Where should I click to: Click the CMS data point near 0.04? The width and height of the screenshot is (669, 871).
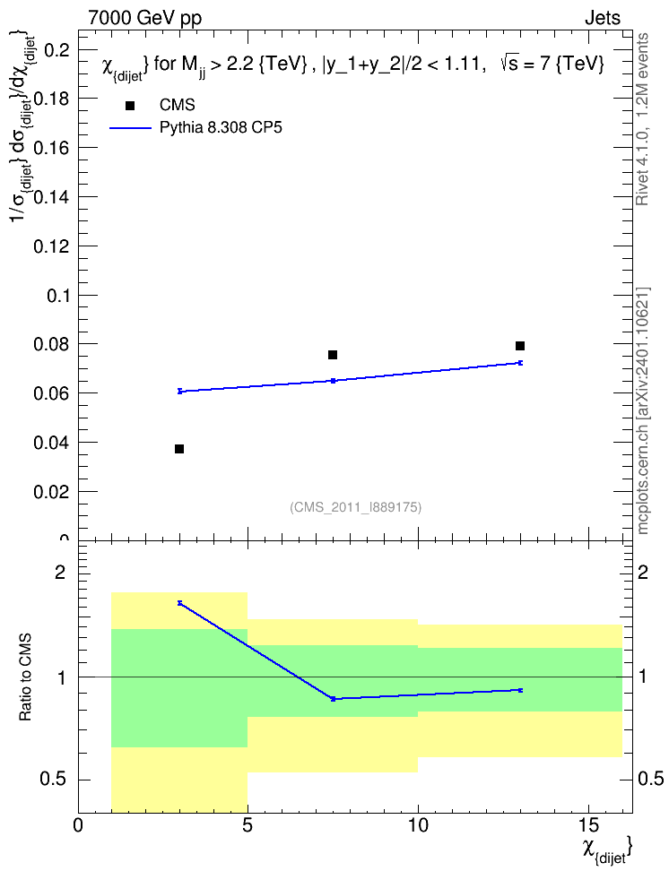coord(179,449)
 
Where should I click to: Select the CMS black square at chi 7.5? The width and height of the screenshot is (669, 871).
coord(333,354)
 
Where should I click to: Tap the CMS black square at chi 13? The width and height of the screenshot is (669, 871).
coord(520,346)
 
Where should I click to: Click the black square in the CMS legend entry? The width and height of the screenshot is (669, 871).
coord(130,106)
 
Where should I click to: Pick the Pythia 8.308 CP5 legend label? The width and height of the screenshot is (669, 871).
coord(221,128)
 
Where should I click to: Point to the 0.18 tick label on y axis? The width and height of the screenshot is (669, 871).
coord(52,99)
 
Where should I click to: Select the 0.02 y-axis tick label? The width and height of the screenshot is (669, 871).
coord(52,492)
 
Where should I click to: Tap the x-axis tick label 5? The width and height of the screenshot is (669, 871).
coord(248,825)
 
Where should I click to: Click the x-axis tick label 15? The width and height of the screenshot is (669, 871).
coord(587,825)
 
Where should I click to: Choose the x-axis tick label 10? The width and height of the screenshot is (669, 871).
coord(418,825)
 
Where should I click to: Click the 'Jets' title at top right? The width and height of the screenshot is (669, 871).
coord(603,18)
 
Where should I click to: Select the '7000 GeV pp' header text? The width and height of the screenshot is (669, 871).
coord(144,18)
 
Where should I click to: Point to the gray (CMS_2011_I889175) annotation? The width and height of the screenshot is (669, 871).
coord(356,507)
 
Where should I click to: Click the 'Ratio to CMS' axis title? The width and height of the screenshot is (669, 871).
coord(26,677)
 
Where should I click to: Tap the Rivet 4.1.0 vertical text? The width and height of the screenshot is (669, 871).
coord(642,119)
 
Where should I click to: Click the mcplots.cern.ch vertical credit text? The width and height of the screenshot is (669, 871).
coord(642,410)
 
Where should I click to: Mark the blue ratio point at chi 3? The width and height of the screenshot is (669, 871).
coord(179,603)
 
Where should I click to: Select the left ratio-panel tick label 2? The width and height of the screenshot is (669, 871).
coord(59,572)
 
